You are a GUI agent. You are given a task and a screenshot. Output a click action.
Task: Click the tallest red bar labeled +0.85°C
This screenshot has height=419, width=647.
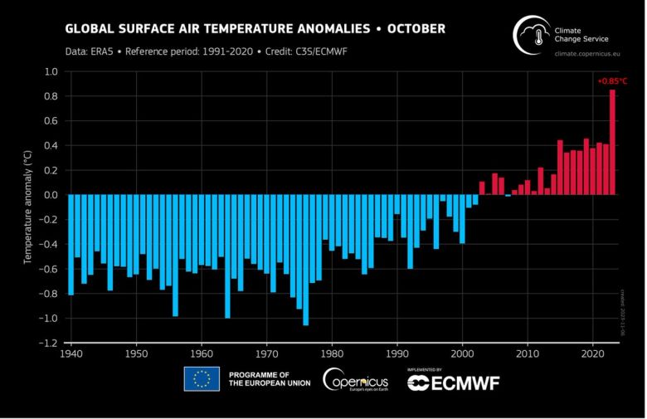click(x=612, y=142)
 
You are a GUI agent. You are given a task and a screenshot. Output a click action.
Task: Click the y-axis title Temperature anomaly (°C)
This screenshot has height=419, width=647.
click(x=27, y=207)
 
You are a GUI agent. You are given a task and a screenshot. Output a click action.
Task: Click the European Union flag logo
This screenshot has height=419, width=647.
click(x=202, y=379)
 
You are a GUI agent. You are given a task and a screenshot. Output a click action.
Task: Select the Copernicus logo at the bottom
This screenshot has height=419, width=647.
click(x=357, y=380)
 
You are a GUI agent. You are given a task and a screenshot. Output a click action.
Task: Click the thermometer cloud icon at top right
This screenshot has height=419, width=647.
click(x=534, y=37)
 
